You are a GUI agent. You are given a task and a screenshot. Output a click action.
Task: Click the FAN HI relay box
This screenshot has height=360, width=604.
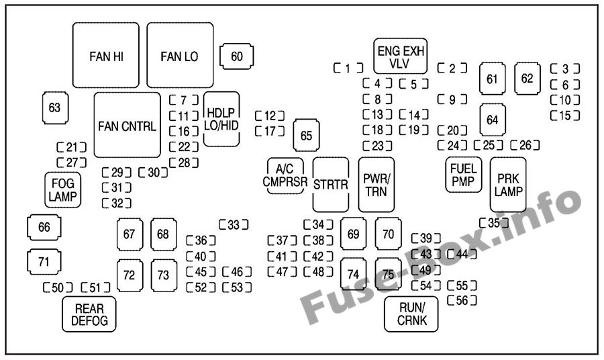(x=106, y=56)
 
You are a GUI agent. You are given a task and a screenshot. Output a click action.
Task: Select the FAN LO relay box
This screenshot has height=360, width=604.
(x=180, y=56)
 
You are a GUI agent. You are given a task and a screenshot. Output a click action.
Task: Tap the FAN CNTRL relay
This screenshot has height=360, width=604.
(x=127, y=126)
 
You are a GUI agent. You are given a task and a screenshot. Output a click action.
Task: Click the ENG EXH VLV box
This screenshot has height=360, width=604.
(x=401, y=56)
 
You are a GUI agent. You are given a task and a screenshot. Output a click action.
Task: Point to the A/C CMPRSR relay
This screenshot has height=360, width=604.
(x=285, y=176)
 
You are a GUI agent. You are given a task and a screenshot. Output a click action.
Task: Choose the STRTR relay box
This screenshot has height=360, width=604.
(x=331, y=185)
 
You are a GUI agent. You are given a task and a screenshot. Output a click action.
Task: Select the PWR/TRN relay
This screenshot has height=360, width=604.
(x=376, y=185)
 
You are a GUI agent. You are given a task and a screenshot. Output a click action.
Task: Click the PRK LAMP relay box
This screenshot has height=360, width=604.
(x=508, y=185)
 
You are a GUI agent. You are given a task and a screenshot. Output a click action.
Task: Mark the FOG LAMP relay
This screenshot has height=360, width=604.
(x=63, y=189)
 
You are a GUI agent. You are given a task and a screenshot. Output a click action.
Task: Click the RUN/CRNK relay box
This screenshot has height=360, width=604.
(x=411, y=314)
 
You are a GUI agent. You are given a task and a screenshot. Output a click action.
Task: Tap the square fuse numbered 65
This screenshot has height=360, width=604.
(x=306, y=136)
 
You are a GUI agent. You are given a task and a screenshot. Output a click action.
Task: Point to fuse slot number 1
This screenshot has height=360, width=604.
(x=348, y=68)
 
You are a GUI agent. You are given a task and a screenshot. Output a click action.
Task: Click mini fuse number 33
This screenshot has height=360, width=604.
(x=234, y=225)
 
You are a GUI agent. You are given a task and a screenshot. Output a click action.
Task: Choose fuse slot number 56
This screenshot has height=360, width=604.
(x=462, y=300)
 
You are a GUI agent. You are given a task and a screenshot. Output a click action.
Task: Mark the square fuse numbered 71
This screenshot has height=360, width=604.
(x=44, y=262)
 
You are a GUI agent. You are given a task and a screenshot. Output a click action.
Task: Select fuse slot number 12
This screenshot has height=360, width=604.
(x=270, y=116)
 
